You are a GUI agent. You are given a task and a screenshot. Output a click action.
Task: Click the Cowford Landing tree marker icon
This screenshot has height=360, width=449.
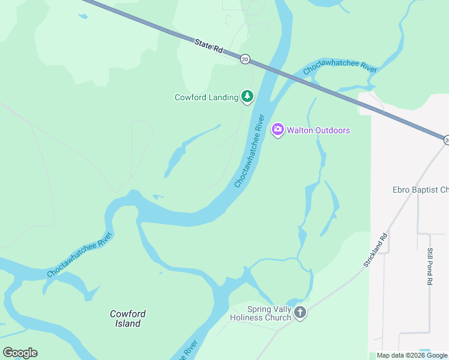tap(247, 96)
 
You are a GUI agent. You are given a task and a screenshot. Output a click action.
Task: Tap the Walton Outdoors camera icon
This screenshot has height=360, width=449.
tap(277, 130)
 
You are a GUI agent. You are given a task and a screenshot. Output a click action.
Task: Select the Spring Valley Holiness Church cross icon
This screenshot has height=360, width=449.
tap(300, 313)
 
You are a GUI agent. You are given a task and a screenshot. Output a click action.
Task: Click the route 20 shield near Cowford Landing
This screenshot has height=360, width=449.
tap(245, 59)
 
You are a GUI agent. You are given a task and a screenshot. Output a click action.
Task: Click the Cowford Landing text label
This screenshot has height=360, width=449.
tap(206, 97)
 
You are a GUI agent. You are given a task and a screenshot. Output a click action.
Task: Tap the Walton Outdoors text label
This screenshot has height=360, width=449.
tap(318, 130)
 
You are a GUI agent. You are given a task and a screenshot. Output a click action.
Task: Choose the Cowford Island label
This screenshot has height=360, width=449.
tap(128, 319)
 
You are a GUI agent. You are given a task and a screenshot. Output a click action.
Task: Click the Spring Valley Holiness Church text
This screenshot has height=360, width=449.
tap(261, 313)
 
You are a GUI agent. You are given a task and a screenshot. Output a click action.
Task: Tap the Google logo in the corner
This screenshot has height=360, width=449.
tap(20, 353)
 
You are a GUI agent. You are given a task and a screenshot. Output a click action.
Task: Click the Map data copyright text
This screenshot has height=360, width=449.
tap(412, 355)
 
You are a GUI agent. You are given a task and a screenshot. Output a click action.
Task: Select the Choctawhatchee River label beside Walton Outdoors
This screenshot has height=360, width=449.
tap(250, 150)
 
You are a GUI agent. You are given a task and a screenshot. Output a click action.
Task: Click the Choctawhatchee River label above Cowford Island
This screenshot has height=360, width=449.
tap(80, 256)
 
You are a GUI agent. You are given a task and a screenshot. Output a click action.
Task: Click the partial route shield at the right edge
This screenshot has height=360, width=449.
tap(446, 140)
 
